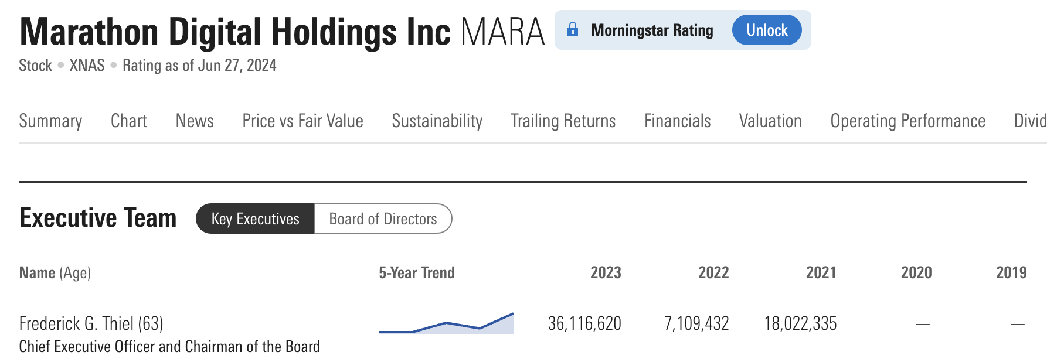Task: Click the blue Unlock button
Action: click(x=766, y=30)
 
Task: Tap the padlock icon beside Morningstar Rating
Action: click(x=573, y=29)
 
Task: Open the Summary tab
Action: click(x=50, y=121)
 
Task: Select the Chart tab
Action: click(x=129, y=121)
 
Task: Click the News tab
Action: click(x=195, y=121)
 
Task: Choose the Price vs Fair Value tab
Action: click(x=302, y=121)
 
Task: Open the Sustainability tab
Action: click(x=437, y=121)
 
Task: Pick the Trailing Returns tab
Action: click(x=563, y=121)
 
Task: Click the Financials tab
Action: click(x=677, y=121)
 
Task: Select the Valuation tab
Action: click(x=770, y=121)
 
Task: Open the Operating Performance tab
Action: click(x=907, y=121)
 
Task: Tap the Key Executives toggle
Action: click(x=255, y=218)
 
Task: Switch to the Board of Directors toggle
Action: click(x=383, y=218)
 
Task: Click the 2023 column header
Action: click(x=605, y=272)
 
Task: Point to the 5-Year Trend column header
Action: click(x=416, y=272)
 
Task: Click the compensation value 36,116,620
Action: click(x=584, y=323)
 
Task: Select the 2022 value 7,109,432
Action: click(x=696, y=323)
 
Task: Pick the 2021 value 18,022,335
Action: click(x=800, y=323)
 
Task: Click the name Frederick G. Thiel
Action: click(x=76, y=323)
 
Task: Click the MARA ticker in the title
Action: click(x=502, y=32)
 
